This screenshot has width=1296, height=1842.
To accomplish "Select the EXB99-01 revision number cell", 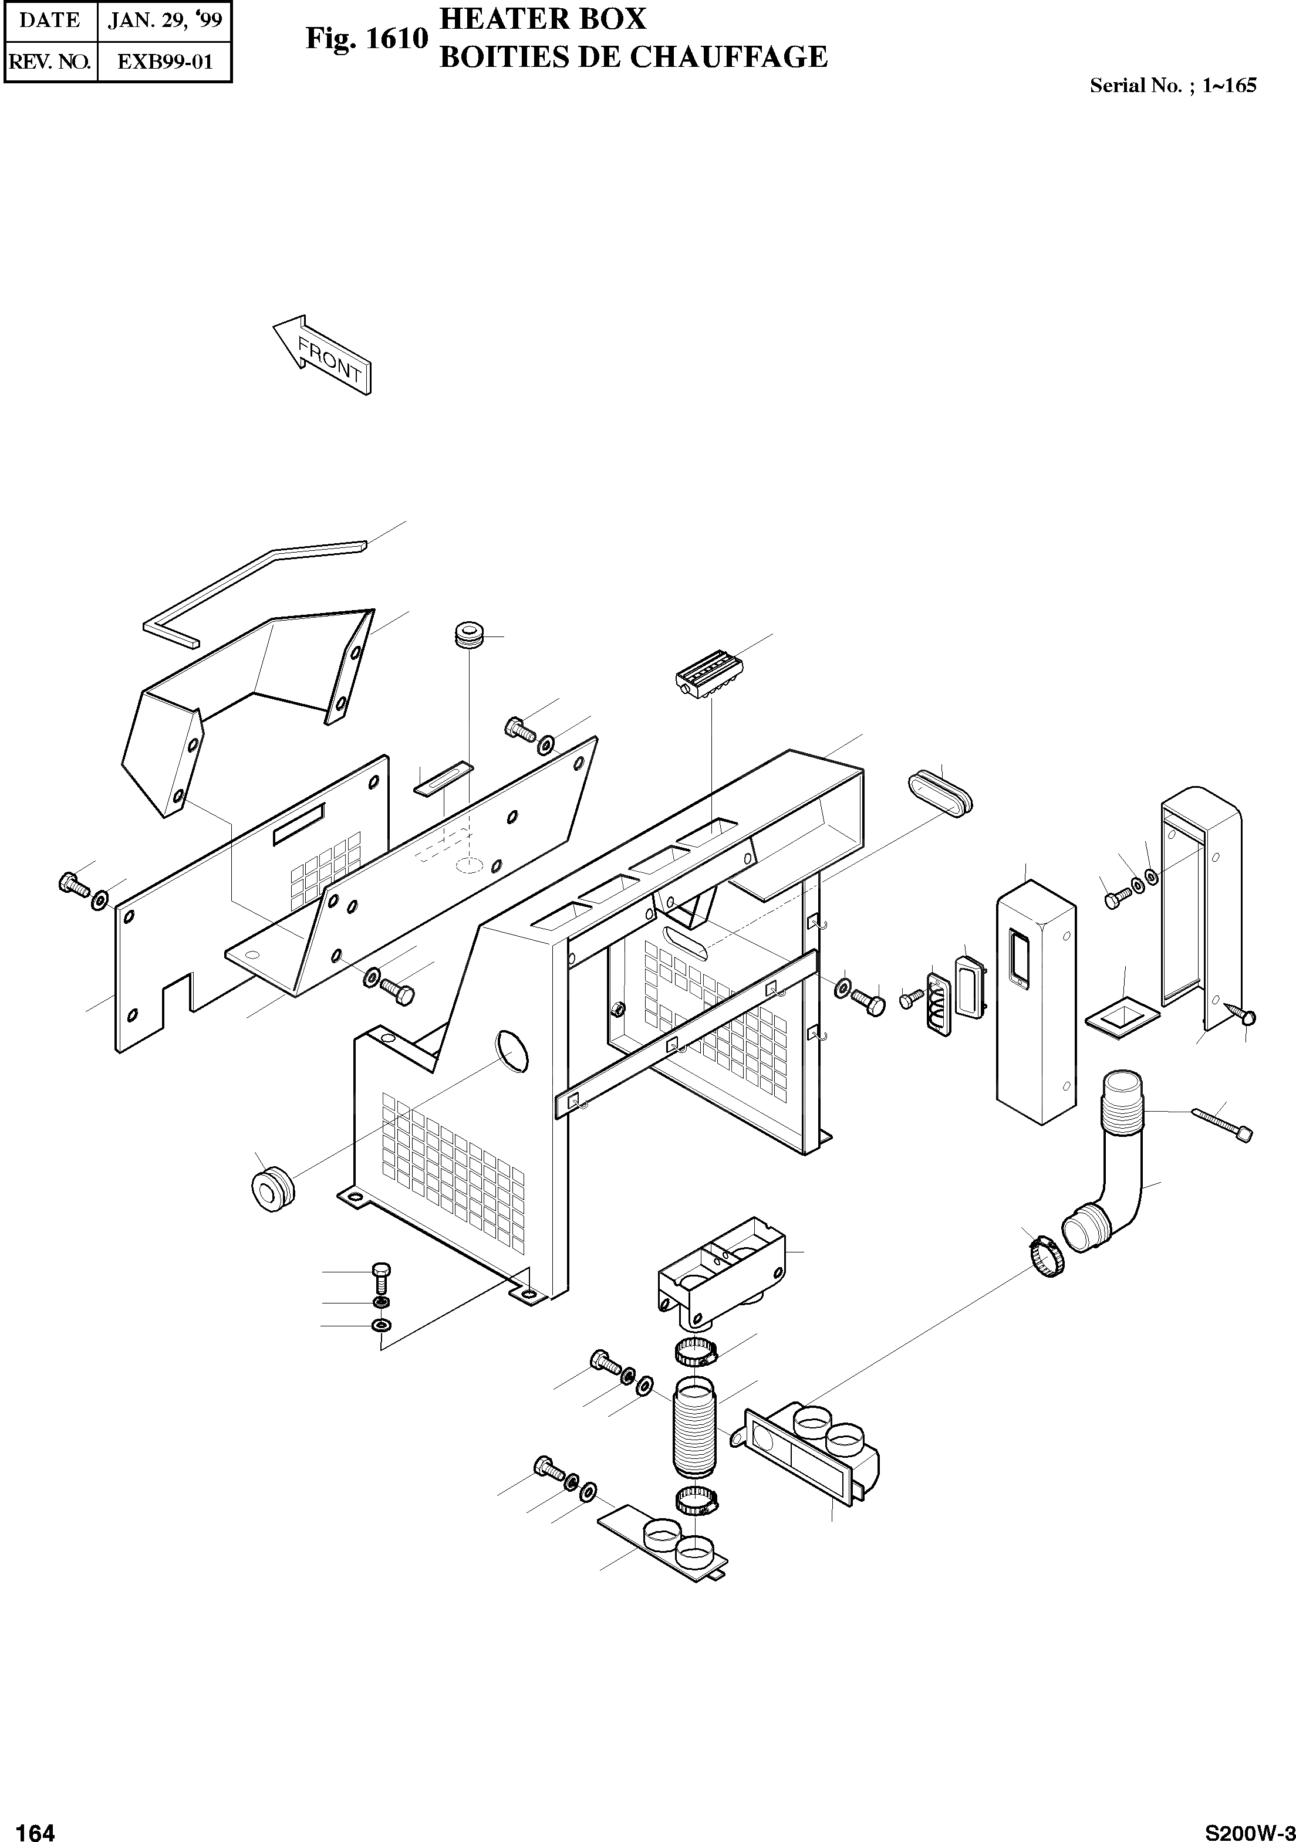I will pos(164,62).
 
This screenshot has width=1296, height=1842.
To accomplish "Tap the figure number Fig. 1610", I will pos(367,39).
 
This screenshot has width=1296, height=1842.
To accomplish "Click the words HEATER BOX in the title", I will pos(542,18).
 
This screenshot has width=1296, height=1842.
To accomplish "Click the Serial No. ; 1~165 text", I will pos(1172,86).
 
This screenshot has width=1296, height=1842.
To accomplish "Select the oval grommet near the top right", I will pos(940,791).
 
